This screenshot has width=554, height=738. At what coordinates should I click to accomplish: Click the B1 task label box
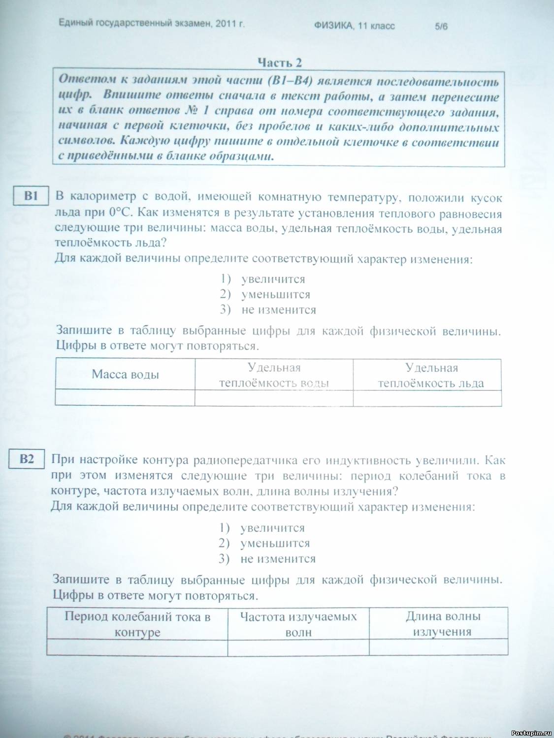(31, 195)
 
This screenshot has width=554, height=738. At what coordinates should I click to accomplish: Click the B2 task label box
(27, 459)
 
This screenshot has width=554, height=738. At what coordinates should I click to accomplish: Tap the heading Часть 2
(280, 62)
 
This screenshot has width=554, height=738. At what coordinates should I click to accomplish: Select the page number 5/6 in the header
(441, 27)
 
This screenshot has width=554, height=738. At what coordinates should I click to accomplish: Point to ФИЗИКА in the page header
(334, 26)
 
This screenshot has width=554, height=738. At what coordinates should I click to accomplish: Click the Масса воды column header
(125, 374)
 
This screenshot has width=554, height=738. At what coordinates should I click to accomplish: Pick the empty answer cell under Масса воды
(125, 398)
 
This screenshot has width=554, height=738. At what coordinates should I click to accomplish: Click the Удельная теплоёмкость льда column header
(431, 375)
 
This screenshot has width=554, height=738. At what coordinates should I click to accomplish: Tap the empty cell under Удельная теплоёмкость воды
(274, 398)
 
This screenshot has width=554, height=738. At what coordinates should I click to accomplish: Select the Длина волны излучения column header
(442, 623)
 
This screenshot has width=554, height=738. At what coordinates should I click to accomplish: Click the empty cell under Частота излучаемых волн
(298, 647)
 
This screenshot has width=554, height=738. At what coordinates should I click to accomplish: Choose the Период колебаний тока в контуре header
(137, 624)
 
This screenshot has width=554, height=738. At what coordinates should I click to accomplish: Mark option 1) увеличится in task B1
(263, 279)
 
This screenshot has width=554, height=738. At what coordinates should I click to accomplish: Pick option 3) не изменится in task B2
(267, 558)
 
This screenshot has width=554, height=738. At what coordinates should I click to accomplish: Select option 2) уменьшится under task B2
(264, 543)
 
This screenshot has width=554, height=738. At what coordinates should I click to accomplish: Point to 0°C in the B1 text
(121, 213)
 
